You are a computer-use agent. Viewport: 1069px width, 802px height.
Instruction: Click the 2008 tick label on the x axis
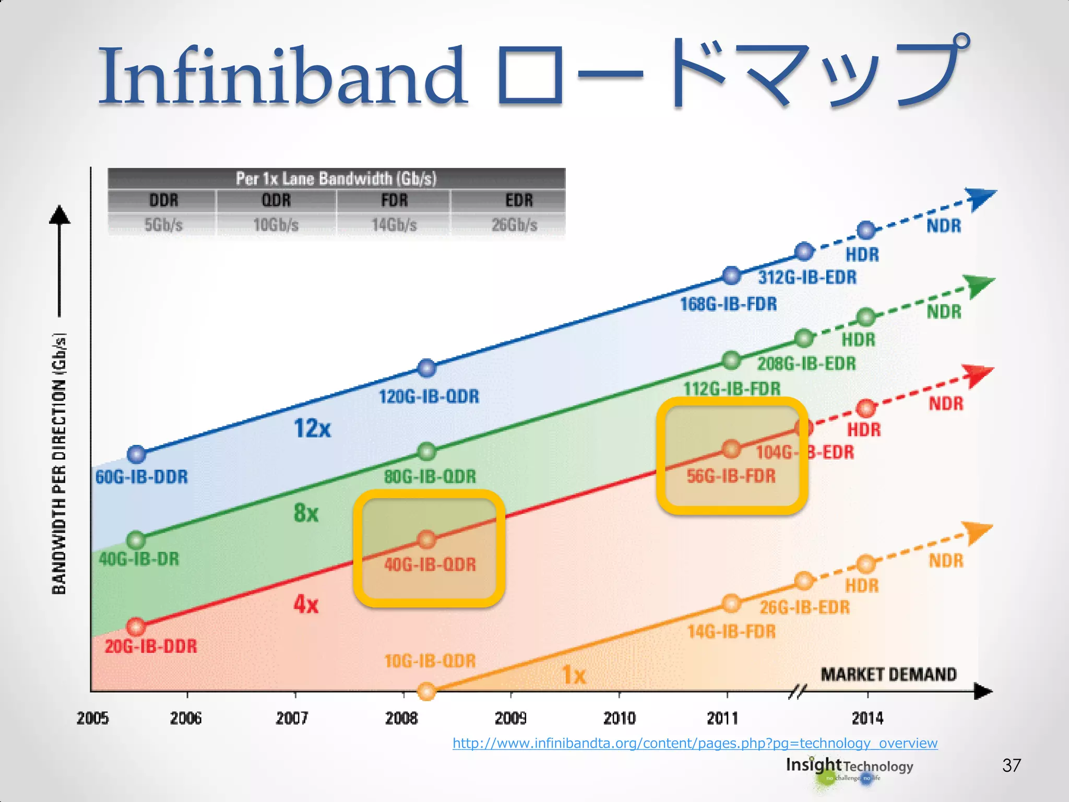click(x=401, y=718)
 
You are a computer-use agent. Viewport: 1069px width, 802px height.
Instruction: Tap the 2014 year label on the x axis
click(x=868, y=718)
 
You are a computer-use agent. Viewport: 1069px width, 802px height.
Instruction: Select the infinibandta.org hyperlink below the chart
click(x=695, y=743)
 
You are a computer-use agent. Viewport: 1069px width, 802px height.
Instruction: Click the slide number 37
click(x=1011, y=765)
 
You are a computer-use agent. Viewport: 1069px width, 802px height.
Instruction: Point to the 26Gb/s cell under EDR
click(x=514, y=225)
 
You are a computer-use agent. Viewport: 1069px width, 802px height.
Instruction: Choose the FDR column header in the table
click(x=394, y=200)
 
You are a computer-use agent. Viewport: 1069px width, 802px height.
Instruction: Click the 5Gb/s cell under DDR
click(x=163, y=225)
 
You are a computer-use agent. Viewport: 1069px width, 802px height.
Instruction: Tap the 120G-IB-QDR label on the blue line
click(x=429, y=397)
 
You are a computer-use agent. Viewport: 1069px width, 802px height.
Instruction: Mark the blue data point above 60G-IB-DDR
click(x=137, y=454)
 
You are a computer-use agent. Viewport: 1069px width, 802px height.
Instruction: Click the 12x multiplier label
click(x=312, y=429)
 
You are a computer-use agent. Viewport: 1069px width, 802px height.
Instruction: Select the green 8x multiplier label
click(x=306, y=513)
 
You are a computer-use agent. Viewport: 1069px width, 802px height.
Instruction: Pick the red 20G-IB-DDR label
click(x=151, y=646)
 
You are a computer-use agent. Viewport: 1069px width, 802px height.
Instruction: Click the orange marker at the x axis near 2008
click(x=427, y=691)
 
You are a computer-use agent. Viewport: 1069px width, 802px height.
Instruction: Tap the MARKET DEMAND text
click(x=888, y=675)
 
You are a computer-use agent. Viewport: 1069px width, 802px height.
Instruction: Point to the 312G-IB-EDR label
click(x=807, y=277)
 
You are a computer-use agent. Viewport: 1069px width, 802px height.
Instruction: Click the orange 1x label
click(x=574, y=676)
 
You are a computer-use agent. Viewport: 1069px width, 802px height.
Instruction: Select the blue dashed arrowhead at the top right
click(x=980, y=198)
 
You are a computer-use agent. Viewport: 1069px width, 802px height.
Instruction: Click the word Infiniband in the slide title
click(x=282, y=76)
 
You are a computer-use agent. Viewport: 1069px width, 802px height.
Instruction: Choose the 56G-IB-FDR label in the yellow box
click(x=731, y=476)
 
